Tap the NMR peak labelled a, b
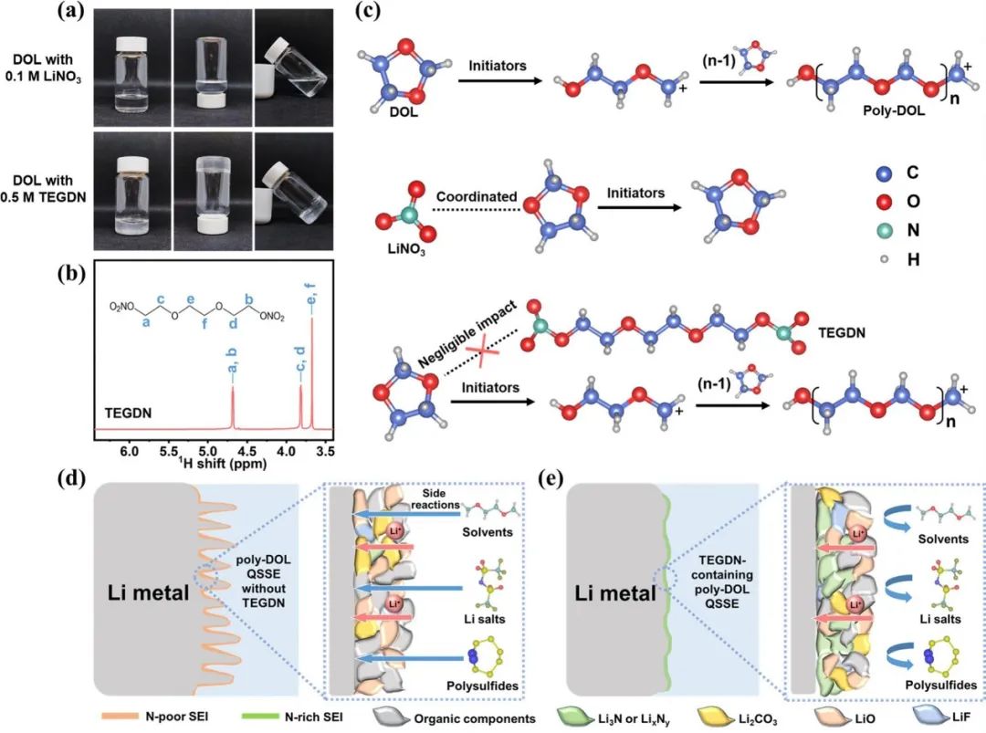click(x=234, y=402)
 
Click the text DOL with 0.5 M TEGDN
click(x=47, y=193)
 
